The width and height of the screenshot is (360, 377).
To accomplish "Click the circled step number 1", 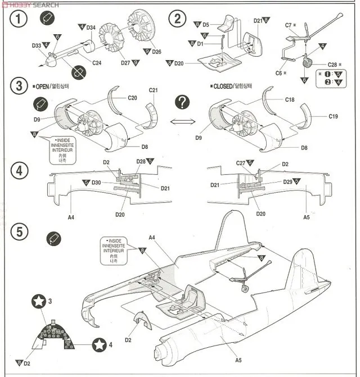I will (x=20, y=19).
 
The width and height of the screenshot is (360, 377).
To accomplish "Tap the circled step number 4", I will (x=20, y=171).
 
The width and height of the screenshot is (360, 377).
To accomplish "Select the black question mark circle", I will (x=182, y=102).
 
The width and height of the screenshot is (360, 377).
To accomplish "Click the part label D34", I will (x=91, y=28).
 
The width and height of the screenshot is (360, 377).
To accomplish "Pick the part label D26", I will (x=156, y=52).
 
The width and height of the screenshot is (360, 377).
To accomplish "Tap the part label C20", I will (x=132, y=98).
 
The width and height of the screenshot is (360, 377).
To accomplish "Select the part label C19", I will (x=335, y=117).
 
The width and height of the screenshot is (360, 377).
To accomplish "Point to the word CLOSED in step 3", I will (x=226, y=87).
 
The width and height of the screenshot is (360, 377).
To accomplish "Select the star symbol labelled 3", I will (x=38, y=302).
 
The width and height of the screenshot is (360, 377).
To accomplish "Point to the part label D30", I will (x=96, y=183).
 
